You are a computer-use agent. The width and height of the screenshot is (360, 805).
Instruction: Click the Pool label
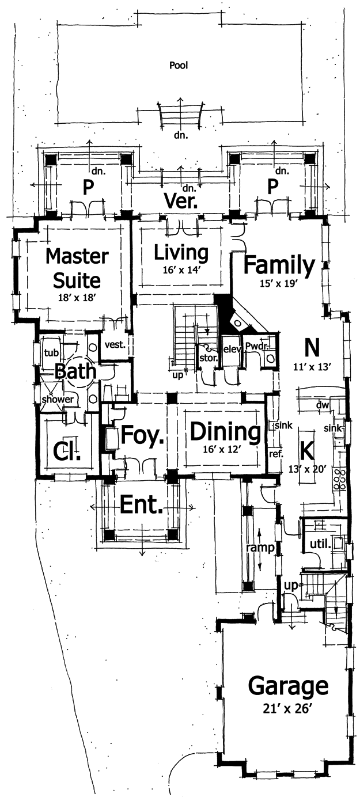pos(179,66)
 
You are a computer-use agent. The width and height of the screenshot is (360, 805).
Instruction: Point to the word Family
pos(279,265)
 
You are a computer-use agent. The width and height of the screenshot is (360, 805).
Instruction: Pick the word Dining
pos(225,432)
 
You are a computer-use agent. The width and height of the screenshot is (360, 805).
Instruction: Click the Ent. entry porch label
pos(141,504)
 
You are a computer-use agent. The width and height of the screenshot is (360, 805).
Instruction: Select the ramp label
pos(261,548)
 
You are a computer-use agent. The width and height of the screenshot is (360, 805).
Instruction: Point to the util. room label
pos(320,545)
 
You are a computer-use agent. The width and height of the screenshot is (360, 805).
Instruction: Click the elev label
pos(232,349)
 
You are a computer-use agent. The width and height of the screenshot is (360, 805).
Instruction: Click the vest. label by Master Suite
pos(115,345)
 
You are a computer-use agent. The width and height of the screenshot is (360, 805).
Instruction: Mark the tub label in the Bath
pos(51,352)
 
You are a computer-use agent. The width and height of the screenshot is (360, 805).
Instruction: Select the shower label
pos(58,399)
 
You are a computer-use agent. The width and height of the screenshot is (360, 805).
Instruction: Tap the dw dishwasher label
pos(323,406)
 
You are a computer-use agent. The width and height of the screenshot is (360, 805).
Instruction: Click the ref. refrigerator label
pos(276,454)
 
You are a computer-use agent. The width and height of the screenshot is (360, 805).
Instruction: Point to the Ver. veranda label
pos(181,202)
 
